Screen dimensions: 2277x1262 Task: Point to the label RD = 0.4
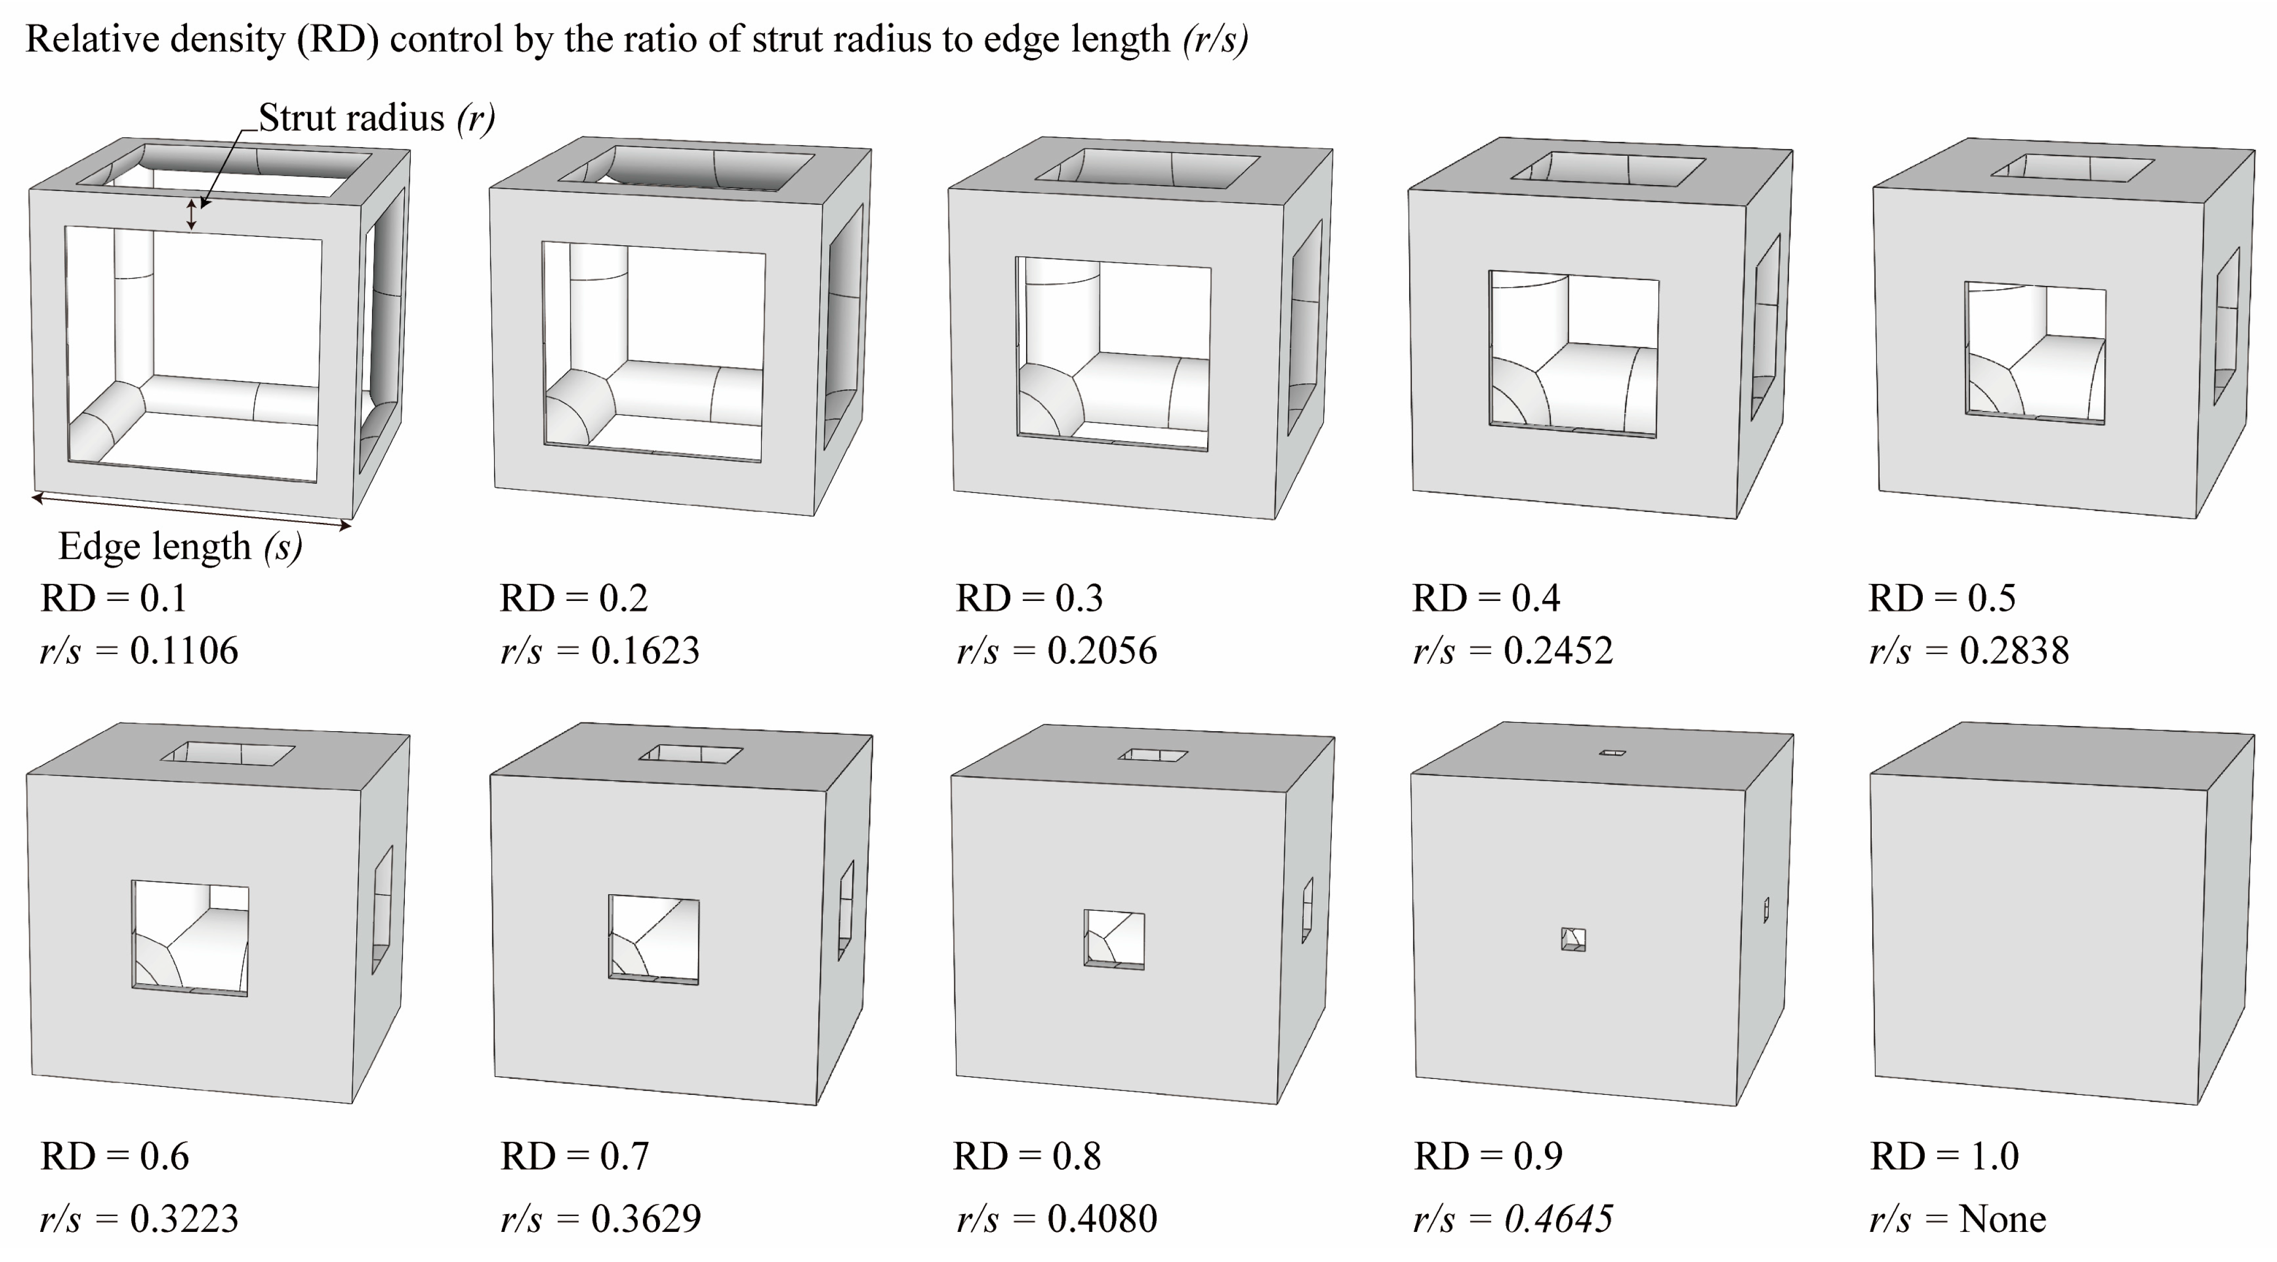pos(1486,598)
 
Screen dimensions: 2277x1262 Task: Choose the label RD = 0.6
pos(114,1156)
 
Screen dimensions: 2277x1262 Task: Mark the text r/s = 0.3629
pos(600,1219)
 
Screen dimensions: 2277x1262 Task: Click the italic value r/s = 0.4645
pos(1512,1219)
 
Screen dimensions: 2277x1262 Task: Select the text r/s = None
pos(1957,1219)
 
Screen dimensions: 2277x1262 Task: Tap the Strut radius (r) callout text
pos(376,118)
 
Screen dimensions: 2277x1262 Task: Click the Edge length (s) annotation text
pos(181,547)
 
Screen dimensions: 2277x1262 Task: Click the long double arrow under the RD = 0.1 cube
pos(192,513)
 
